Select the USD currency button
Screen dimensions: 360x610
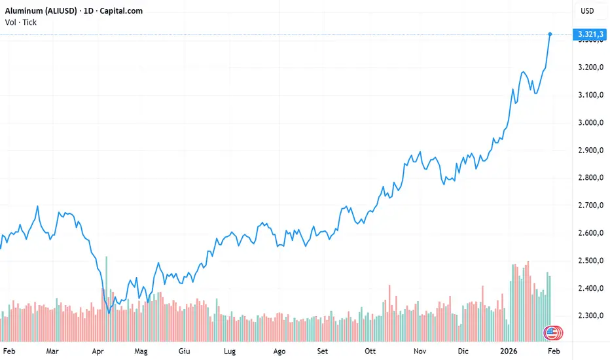pyautogui.click(x=587, y=11)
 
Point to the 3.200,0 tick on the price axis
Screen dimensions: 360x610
pyautogui.click(x=586, y=67)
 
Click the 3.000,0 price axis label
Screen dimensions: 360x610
pyautogui.click(x=586, y=123)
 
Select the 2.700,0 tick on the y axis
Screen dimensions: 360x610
pyautogui.click(x=586, y=206)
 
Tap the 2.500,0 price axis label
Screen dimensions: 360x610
pyautogui.click(x=586, y=261)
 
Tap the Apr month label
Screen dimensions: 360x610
pyautogui.click(x=98, y=351)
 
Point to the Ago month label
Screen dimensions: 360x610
pyautogui.click(x=279, y=351)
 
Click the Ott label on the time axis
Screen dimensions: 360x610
pyautogui.click(x=372, y=351)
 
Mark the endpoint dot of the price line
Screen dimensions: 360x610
pyautogui.click(x=550, y=34)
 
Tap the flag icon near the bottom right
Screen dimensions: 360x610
pyautogui.click(x=552, y=333)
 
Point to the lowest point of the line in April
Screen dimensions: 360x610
pyautogui.click(x=109, y=313)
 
